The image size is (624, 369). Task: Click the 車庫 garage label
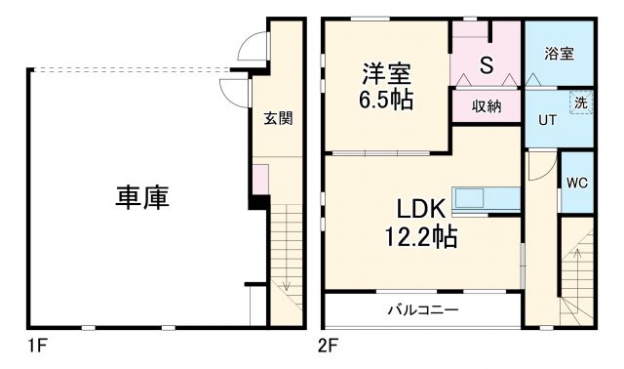tap(143, 197)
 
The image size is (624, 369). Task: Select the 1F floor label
tap(37, 345)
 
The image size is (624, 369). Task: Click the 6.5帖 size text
tap(387, 100)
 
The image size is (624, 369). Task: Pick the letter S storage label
tap(486, 65)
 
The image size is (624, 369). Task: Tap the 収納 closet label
tap(487, 105)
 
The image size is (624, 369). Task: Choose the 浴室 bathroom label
tap(559, 54)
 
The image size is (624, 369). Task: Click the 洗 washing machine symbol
tap(580, 102)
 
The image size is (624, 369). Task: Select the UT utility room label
tap(548, 121)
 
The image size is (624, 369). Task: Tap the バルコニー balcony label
tap(423, 310)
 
